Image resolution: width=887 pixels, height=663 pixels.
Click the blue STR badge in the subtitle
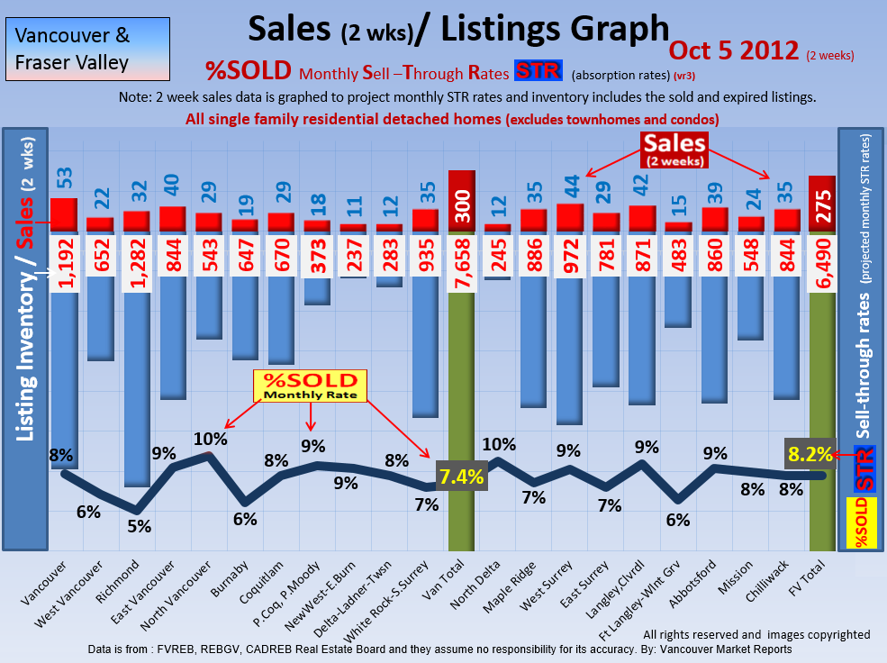pyautogui.click(x=538, y=70)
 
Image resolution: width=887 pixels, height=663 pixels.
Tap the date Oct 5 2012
pyautogui.click(x=734, y=50)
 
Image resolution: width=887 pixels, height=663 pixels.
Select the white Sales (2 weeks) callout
pyautogui.click(x=674, y=148)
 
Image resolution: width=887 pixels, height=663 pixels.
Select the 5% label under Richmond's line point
pyautogui.click(x=138, y=526)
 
